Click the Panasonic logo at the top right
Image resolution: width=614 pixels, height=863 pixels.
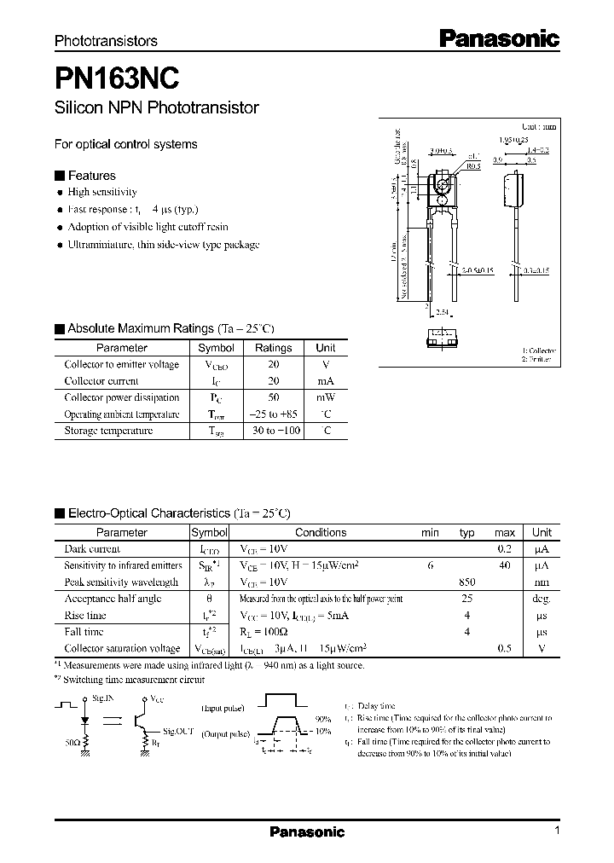click(499, 38)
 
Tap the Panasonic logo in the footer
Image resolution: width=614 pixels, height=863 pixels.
click(307, 832)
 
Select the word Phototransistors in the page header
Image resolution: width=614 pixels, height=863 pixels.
click(106, 41)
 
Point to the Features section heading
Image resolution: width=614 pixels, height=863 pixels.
click(91, 176)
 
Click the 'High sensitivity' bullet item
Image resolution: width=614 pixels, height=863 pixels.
click(102, 192)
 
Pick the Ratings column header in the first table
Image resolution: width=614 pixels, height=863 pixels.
click(273, 348)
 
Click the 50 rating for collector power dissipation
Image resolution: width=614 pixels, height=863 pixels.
click(273, 397)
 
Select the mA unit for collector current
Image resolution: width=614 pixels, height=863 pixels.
click(326, 381)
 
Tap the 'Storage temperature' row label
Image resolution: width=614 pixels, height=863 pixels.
click(108, 431)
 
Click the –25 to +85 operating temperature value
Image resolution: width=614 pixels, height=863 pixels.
click(273, 414)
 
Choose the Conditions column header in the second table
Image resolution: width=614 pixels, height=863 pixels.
click(321, 532)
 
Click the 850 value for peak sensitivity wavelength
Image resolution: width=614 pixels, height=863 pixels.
click(466, 582)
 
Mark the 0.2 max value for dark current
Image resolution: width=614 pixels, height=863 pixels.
click(505, 549)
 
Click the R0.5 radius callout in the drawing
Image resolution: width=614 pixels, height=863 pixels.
click(473, 166)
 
